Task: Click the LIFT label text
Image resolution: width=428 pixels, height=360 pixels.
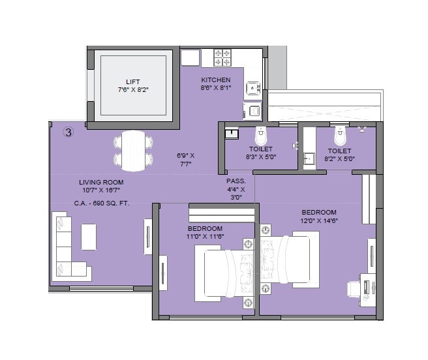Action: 133,82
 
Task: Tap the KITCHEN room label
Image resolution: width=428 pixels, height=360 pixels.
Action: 215,80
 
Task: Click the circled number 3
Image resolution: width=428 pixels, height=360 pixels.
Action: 68,132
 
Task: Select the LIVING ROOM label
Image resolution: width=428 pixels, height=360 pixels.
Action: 101,182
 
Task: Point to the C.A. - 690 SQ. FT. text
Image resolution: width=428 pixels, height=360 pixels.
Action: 101,203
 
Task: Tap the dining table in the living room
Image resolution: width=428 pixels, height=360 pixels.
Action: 133,149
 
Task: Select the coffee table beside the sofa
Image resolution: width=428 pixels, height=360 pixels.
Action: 88,237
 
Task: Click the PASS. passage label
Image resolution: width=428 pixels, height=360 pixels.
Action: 236,181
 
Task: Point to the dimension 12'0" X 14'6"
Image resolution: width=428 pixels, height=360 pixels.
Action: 319,220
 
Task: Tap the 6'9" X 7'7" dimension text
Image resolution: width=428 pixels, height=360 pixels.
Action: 186,160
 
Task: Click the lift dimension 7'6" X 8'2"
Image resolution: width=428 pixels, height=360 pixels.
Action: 133,90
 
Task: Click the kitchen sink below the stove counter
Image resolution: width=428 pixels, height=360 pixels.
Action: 252,88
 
